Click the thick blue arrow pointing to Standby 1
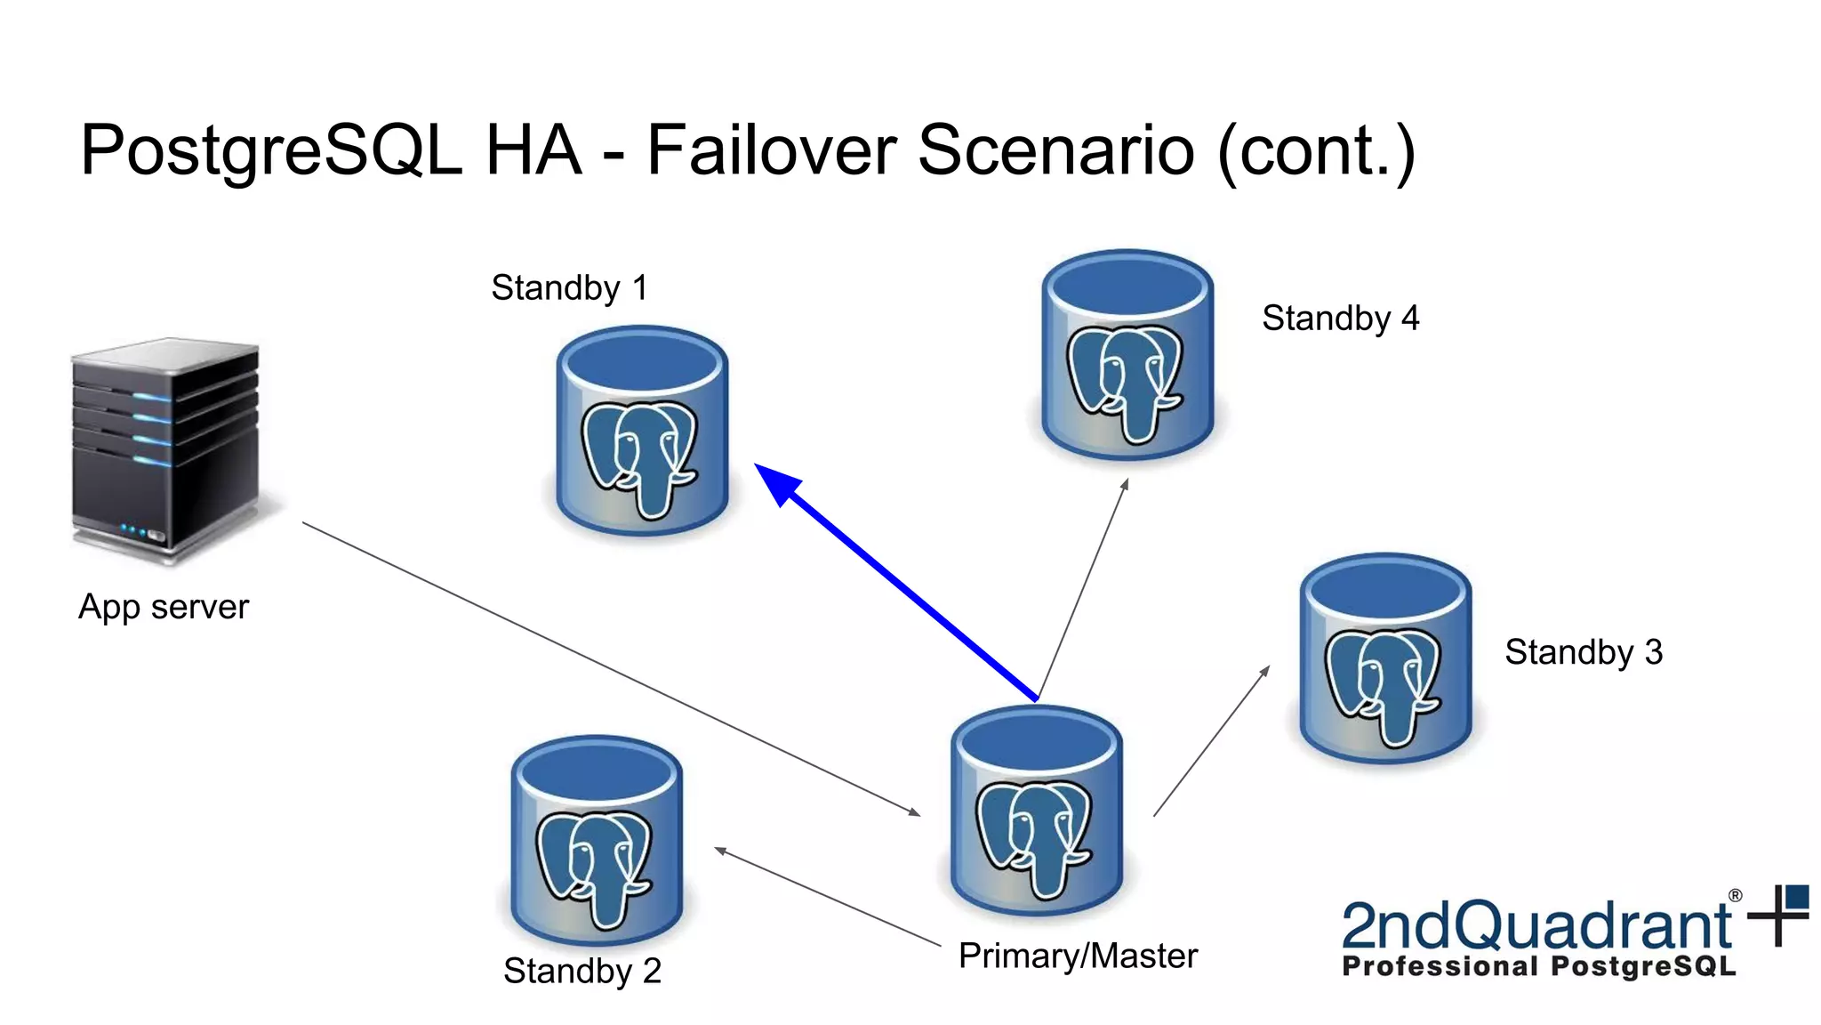(898, 583)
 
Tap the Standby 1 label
(569, 288)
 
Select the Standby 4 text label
(1340, 319)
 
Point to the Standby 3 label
(1583, 652)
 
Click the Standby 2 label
(582, 971)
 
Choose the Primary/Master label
(1078, 956)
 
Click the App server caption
(164, 608)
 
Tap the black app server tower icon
(165, 449)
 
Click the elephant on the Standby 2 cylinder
(595, 868)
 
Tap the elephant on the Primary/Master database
(1034, 836)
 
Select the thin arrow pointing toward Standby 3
(1211, 741)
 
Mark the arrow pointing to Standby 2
(827, 897)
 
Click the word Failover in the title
(771, 149)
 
